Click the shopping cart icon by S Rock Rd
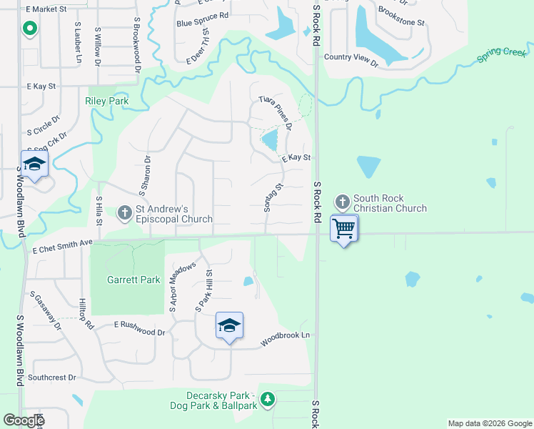click(345, 229)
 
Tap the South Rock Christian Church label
click(390, 204)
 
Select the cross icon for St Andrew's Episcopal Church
click(125, 212)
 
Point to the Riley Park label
click(107, 102)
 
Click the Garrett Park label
click(133, 280)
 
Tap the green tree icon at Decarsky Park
click(267, 398)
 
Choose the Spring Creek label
click(503, 52)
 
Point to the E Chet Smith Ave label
click(63, 244)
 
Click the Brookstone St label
click(401, 16)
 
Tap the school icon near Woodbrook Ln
click(230, 326)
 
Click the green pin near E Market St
click(29, 29)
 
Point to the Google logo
click(23, 420)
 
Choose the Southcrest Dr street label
click(52, 378)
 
